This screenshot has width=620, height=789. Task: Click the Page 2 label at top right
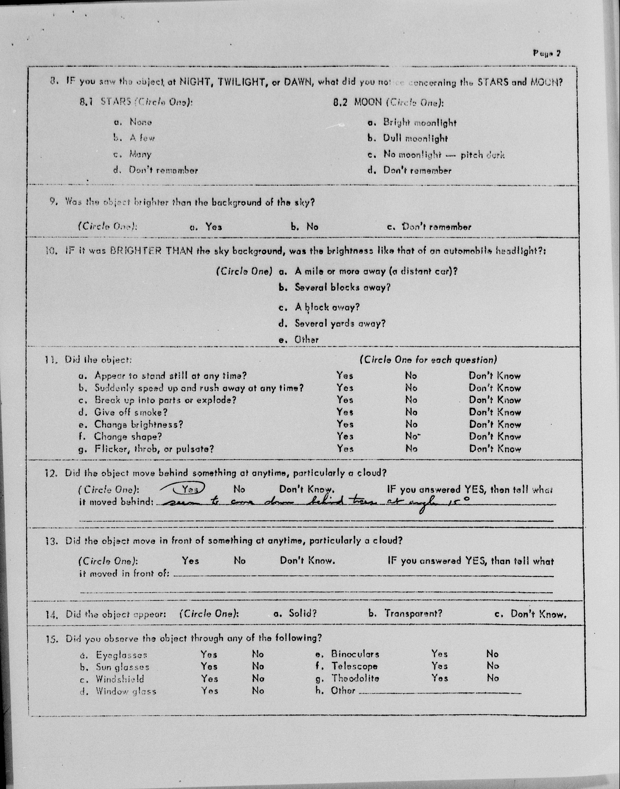[x=547, y=53]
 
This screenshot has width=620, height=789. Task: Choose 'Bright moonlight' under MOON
[x=420, y=123]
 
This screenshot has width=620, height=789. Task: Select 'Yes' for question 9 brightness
[x=213, y=227]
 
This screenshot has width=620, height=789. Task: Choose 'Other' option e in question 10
[x=306, y=340]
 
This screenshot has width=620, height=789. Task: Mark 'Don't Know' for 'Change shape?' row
[x=495, y=436]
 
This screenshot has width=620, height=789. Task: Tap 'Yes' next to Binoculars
[x=439, y=654]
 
